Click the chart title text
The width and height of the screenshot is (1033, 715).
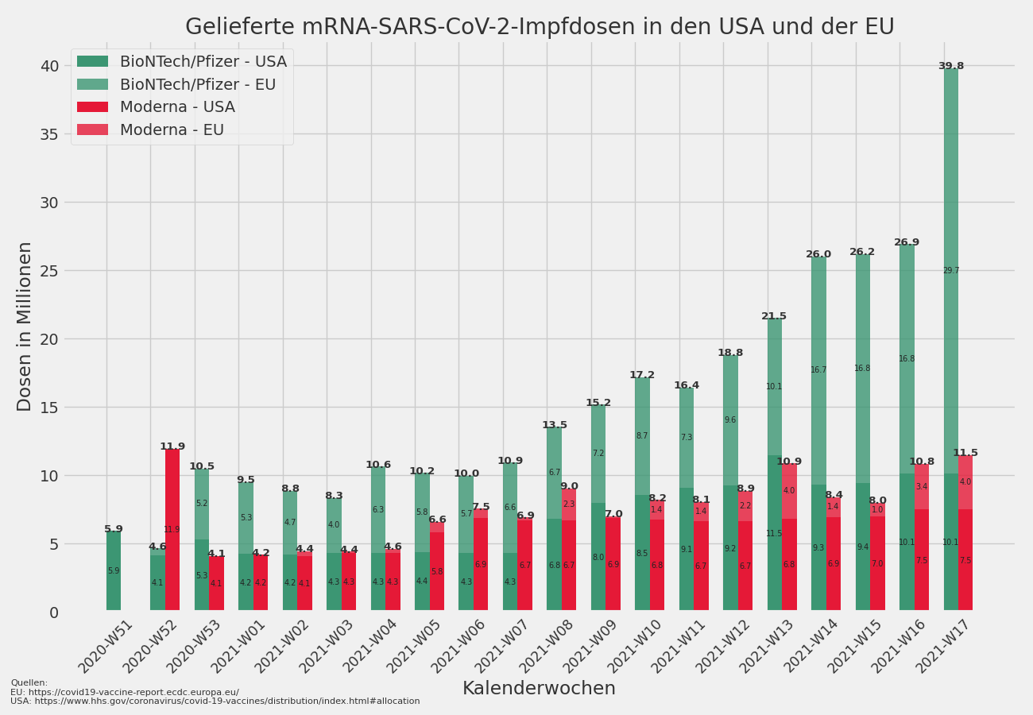click(x=540, y=27)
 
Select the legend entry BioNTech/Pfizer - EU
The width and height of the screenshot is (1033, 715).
click(x=198, y=84)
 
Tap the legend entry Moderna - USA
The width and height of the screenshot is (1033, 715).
click(x=177, y=107)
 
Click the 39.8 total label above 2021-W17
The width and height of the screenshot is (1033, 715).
click(x=950, y=67)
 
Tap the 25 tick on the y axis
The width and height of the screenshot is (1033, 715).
click(x=49, y=271)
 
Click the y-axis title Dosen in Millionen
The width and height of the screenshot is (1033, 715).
click(x=25, y=326)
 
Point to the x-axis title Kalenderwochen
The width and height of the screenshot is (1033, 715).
click(x=539, y=689)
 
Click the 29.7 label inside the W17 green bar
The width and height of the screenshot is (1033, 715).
click(x=951, y=271)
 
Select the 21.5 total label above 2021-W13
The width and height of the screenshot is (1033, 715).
click(x=774, y=316)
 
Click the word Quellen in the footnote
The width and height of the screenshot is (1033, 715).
click(x=29, y=682)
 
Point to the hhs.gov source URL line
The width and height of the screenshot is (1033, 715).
click(x=215, y=701)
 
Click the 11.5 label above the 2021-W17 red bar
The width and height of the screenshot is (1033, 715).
click(x=965, y=453)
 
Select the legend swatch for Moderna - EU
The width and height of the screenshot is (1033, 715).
click(x=92, y=129)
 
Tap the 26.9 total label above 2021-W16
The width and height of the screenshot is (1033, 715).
click(x=907, y=243)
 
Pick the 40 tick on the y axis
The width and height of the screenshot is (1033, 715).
click(x=49, y=66)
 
